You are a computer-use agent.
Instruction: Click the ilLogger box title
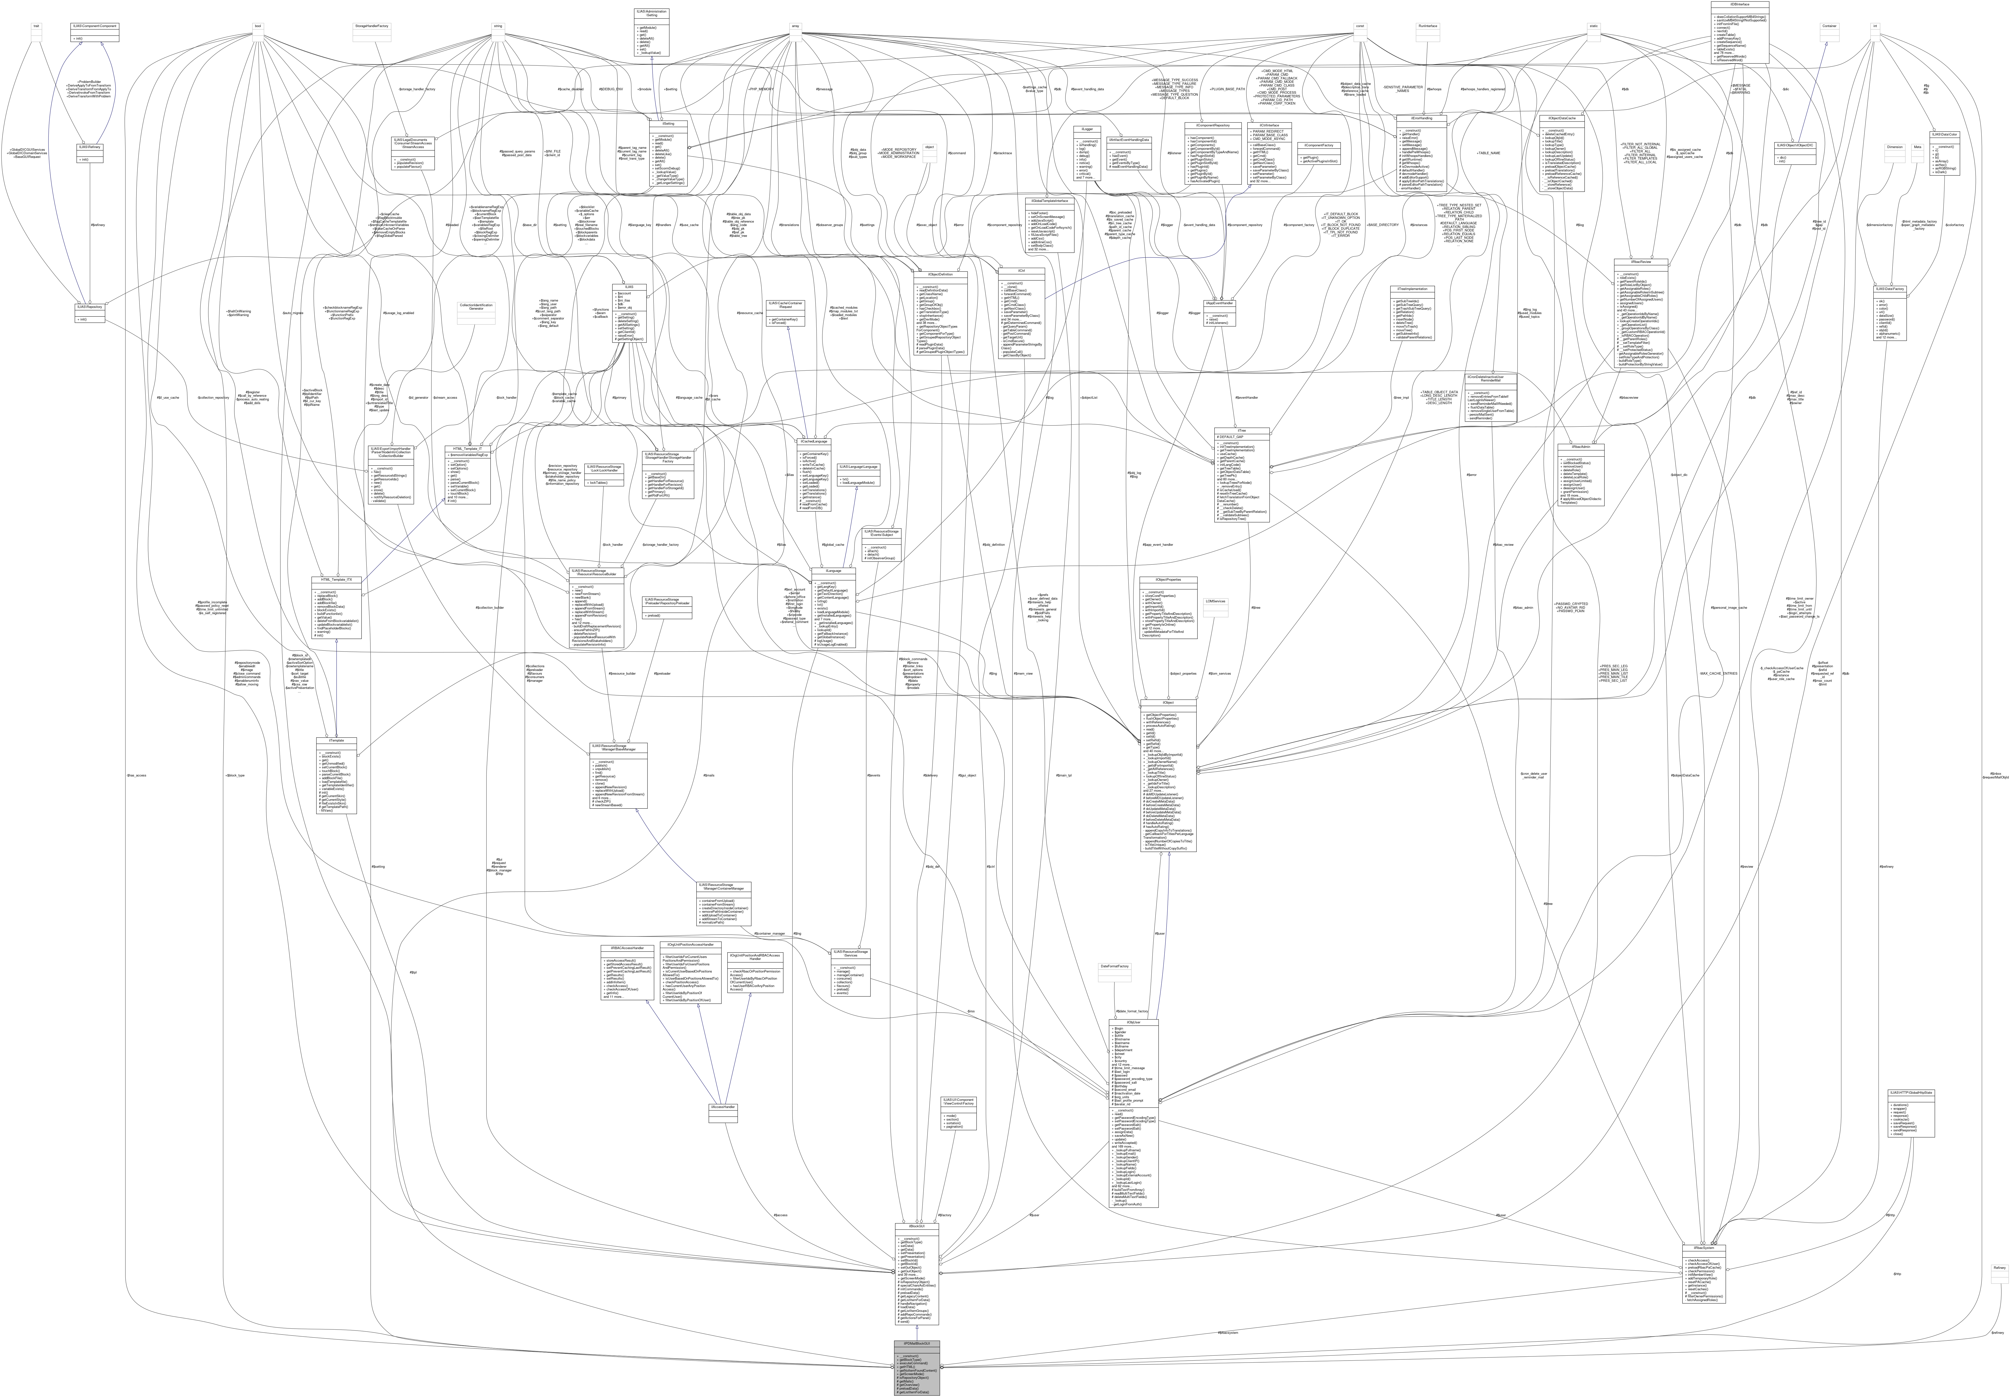tap(1085, 129)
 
